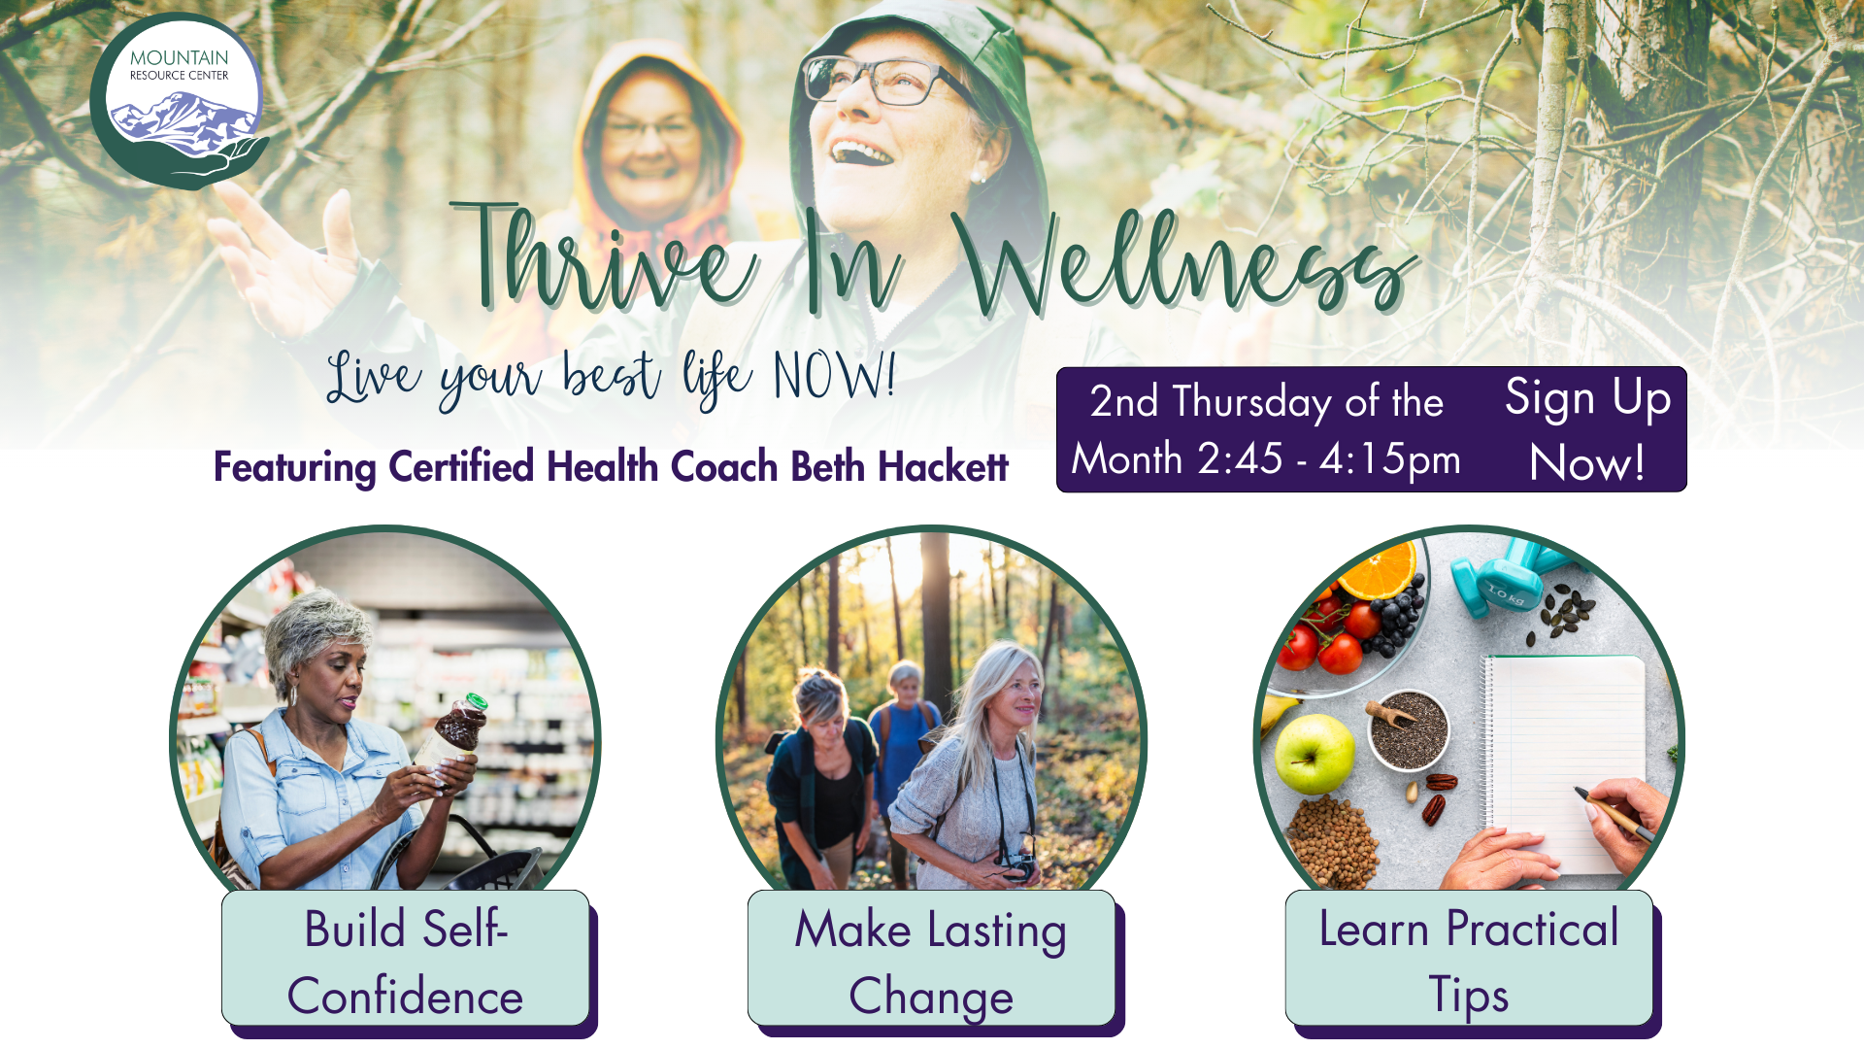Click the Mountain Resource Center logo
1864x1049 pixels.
point(180,102)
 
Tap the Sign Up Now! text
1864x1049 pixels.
point(1587,430)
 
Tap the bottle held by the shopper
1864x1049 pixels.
point(456,733)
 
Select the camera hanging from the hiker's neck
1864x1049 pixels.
point(1018,864)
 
